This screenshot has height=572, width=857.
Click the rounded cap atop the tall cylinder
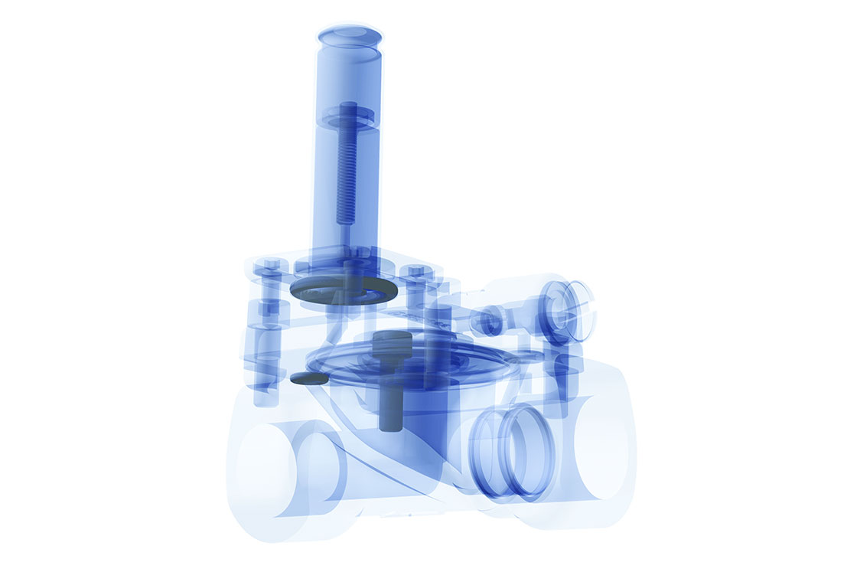(349, 37)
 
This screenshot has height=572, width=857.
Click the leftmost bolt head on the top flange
(269, 267)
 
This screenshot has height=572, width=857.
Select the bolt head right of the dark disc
(417, 273)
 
